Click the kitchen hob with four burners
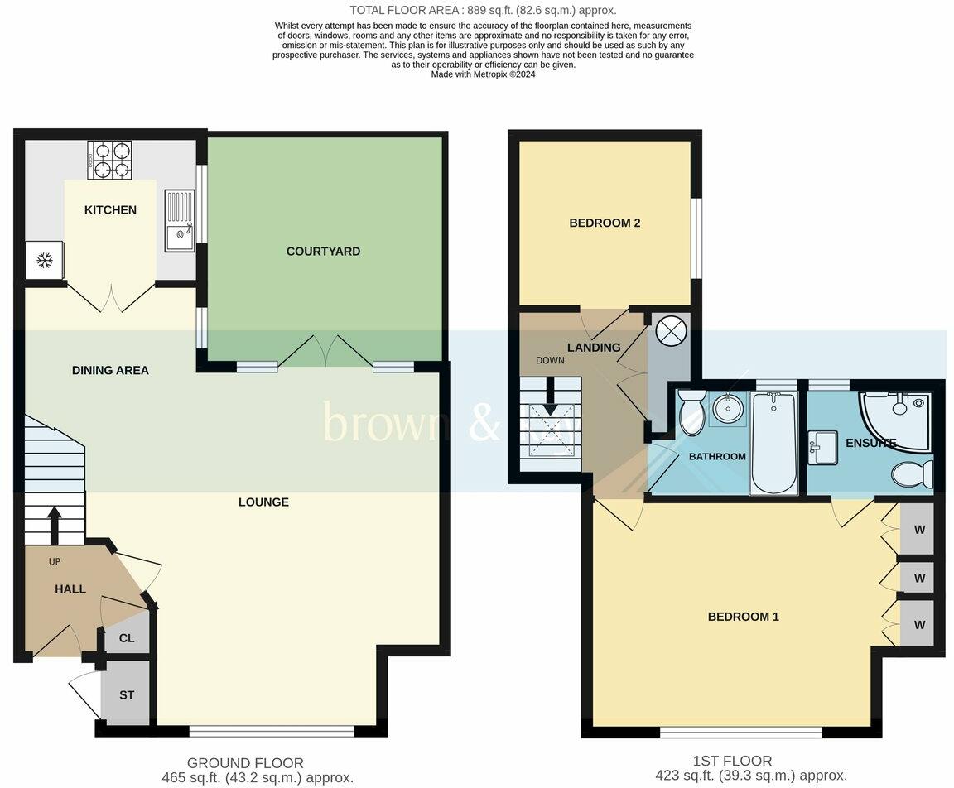(110, 160)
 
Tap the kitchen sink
(179, 220)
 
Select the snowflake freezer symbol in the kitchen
(44, 262)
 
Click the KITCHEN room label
(110, 210)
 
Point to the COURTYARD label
(323, 252)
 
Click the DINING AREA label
(110, 370)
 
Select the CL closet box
(127, 639)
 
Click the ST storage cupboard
(126, 695)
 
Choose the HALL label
(70, 589)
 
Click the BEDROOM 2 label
(605, 223)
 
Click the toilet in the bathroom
(690, 413)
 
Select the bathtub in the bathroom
(773, 443)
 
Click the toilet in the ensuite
(914, 474)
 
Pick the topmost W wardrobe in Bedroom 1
(918, 530)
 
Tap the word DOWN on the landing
(550, 361)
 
